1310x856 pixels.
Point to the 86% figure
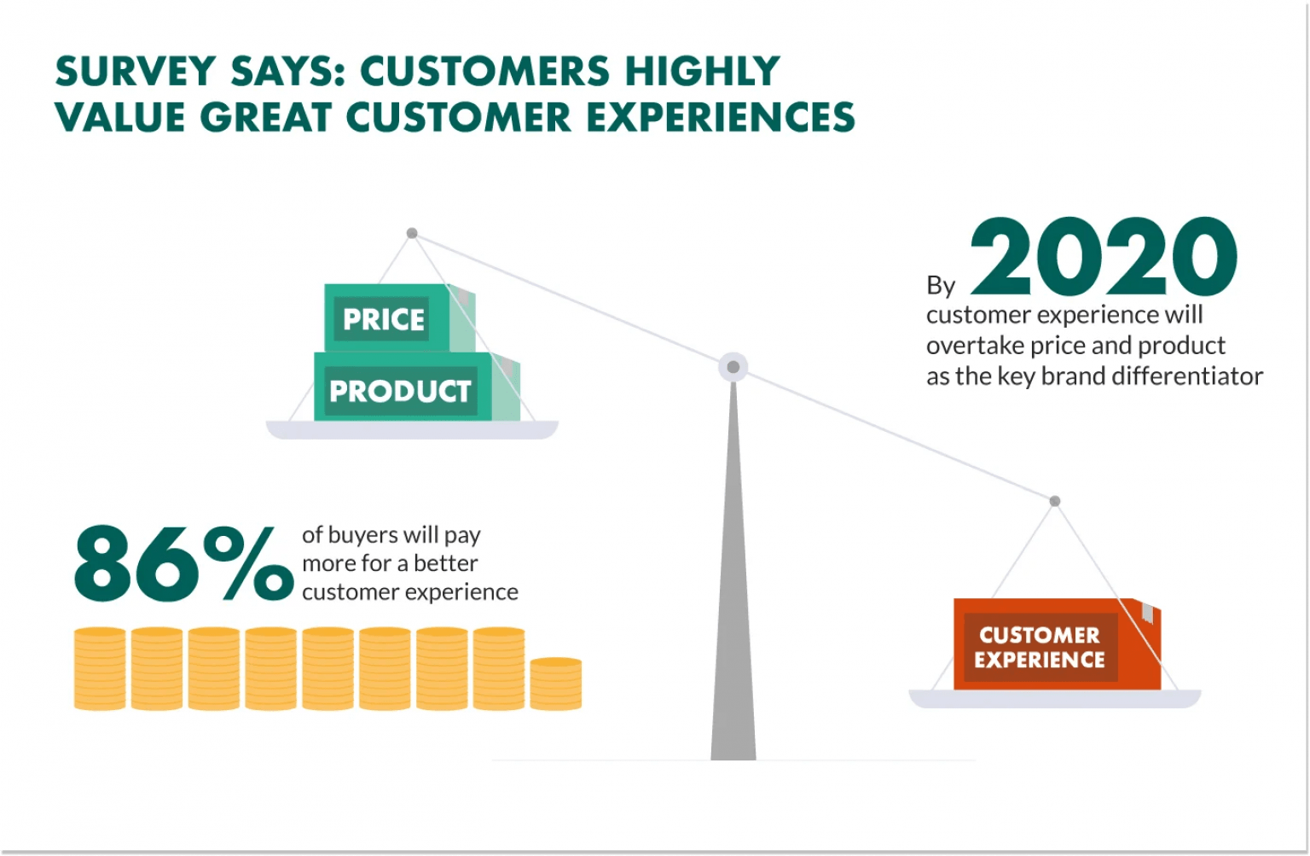click(x=183, y=563)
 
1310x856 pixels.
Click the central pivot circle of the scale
click(x=733, y=367)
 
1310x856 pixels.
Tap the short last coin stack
click(x=555, y=684)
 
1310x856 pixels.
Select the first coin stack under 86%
click(x=100, y=668)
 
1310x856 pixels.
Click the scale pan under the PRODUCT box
click(x=412, y=429)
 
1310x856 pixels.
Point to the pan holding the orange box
click(x=1054, y=699)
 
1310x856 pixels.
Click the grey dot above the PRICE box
click(x=412, y=233)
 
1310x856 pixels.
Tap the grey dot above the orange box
click(x=1055, y=501)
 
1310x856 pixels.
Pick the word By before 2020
click(x=941, y=285)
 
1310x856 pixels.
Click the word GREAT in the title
click(x=265, y=117)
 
